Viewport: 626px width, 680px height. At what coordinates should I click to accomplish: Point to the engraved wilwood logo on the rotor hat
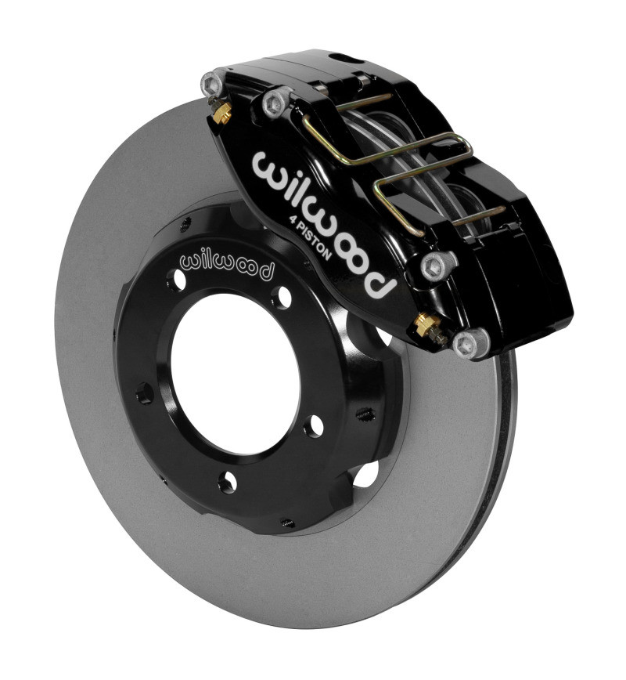(x=227, y=266)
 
